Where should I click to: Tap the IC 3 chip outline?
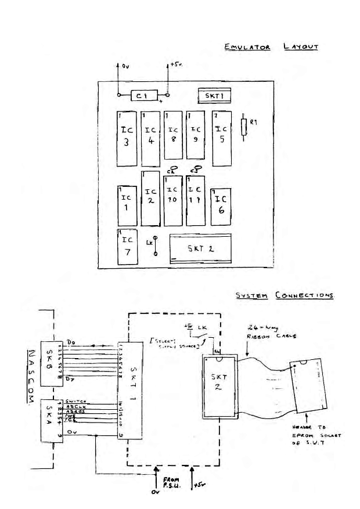pyautogui.click(x=127, y=138)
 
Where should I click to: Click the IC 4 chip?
pyautogui.click(x=150, y=138)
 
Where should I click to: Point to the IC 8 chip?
pyautogui.click(x=173, y=135)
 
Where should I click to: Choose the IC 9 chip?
pyautogui.click(x=196, y=135)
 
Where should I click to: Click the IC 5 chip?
pyautogui.click(x=221, y=138)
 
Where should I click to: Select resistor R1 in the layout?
pyautogui.click(x=243, y=128)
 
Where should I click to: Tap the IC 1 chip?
pyautogui.click(x=127, y=205)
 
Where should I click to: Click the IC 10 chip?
pyautogui.click(x=173, y=201)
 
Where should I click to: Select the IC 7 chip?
pyautogui.click(x=127, y=247)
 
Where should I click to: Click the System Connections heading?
pyautogui.click(x=285, y=295)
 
